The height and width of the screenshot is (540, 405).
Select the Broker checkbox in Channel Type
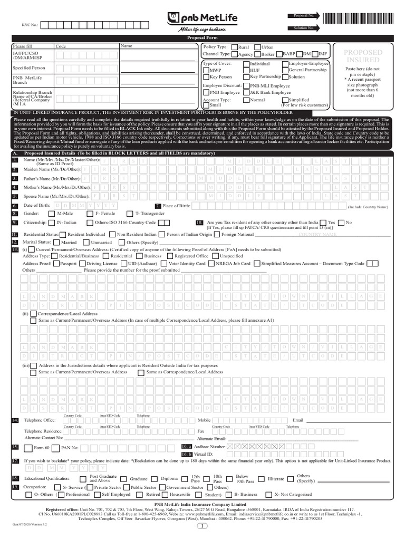click(257, 54)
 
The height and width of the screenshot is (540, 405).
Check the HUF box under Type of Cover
click(246, 70)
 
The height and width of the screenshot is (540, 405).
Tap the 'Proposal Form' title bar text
click(202, 38)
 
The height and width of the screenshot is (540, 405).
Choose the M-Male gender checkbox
click(51, 214)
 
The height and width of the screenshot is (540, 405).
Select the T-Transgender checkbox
click(131, 214)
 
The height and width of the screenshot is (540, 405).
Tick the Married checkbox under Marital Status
click(57, 242)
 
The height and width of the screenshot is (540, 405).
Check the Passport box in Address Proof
click(56, 263)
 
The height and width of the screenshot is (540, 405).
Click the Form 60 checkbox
click(27, 447)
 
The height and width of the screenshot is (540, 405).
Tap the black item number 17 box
click(15, 460)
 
